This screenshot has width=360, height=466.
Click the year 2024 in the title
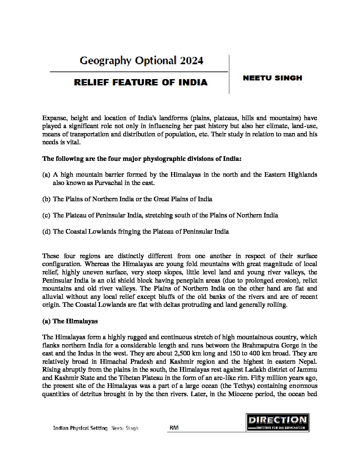192,61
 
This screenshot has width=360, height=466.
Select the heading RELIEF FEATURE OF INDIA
141,82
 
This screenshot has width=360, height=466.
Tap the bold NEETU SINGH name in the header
272,78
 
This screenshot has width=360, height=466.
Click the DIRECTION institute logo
278,422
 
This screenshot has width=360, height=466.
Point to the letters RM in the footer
174,428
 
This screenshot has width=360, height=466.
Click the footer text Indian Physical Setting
80,428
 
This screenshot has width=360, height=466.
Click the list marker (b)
46,199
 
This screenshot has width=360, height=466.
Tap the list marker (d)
46,231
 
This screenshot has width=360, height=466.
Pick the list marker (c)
46,215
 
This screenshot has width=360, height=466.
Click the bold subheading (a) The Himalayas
70,321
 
